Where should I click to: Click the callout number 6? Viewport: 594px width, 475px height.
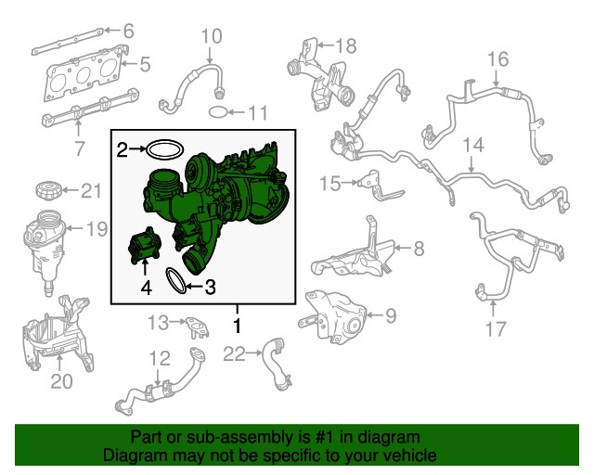click(x=129, y=31)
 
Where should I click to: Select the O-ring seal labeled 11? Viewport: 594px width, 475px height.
click(x=218, y=112)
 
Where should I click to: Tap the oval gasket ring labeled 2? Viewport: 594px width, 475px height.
click(x=165, y=149)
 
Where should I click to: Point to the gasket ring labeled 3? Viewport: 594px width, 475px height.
click(x=175, y=280)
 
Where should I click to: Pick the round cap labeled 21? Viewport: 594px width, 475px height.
click(x=48, y=190)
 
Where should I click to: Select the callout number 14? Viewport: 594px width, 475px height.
click(x=473, y=145)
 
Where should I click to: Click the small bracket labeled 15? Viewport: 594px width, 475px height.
click(x=379, y=187)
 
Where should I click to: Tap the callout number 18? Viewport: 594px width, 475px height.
click(x=346, y=45)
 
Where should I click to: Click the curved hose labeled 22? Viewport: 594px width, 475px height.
click(x=275, y=364)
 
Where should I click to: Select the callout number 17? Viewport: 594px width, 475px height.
click(x=496, y=328)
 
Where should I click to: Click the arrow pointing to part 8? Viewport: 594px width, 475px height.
click(x=402, y=248)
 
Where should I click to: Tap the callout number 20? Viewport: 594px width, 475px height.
click(x=61, y=381)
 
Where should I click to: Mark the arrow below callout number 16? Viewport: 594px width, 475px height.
click(x=497, y=78)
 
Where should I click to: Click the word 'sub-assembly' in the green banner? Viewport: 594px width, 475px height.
click(x=239, y=437)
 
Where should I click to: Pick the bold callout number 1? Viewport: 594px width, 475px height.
click(x=238, y=326)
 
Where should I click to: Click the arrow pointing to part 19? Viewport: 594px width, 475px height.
click(x=74, y=228)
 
